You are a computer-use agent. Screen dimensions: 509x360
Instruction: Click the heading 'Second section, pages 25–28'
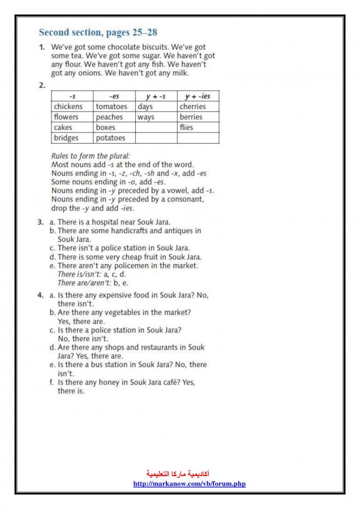[97, 32]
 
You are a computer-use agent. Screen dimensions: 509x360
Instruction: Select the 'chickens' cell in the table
[68, 107]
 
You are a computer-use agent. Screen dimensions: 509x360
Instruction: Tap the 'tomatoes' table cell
[112, 107]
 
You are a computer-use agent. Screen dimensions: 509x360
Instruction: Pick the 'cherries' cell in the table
[193, 107]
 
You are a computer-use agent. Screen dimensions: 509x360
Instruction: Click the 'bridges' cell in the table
[66, 138]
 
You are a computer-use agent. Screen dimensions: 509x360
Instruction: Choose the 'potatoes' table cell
[110, 138]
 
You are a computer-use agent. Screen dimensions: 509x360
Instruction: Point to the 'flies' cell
[186, 128]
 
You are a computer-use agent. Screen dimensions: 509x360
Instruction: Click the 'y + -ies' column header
[198, 97]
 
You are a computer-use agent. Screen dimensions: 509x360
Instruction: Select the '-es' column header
[114, 97]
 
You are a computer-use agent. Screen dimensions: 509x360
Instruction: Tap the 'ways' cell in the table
[145, 117]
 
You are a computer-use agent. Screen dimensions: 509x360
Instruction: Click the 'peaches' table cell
[109, 117]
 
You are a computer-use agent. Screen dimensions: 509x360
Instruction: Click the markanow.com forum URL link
[189, 484]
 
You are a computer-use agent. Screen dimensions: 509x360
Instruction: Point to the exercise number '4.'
[41, 295]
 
